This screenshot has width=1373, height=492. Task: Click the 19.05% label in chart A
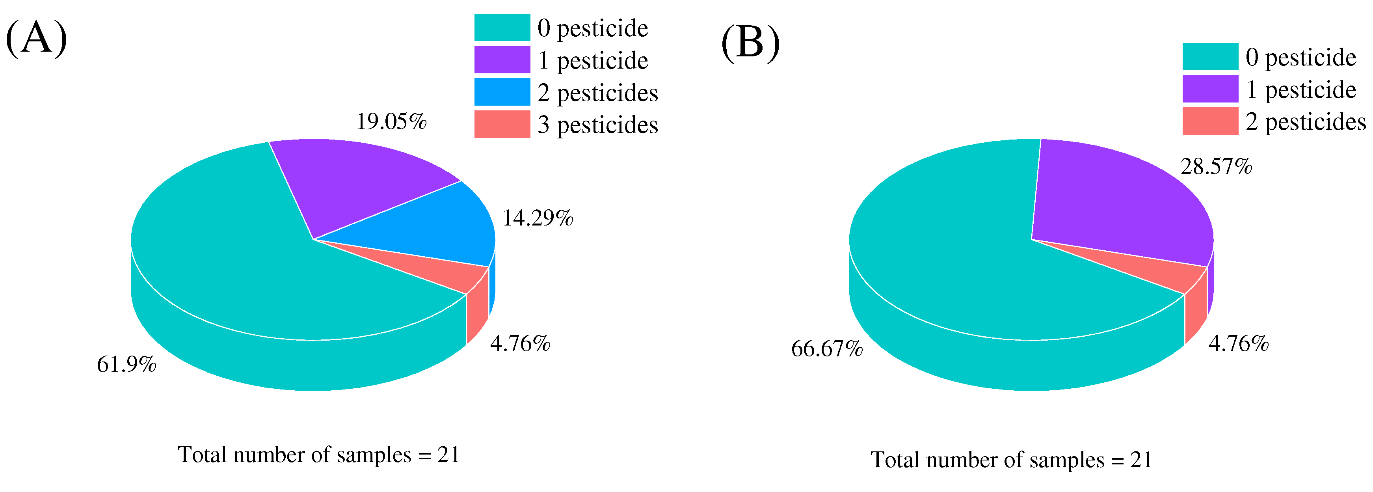pos(391,121)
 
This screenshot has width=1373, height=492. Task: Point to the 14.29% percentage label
pos(537,218)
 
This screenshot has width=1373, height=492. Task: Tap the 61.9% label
pos(127,365)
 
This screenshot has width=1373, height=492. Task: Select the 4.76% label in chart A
pos(520,344)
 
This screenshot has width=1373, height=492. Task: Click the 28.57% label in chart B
pos(1216,167)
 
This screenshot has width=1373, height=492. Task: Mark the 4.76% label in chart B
pos(1238,344)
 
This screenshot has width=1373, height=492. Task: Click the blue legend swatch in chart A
pos(502,92)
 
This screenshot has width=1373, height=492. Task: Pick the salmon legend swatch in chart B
pos(1210,121)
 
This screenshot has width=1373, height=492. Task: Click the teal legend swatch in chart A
pos(502,28)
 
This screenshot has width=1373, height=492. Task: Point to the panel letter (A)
pos(36,38)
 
